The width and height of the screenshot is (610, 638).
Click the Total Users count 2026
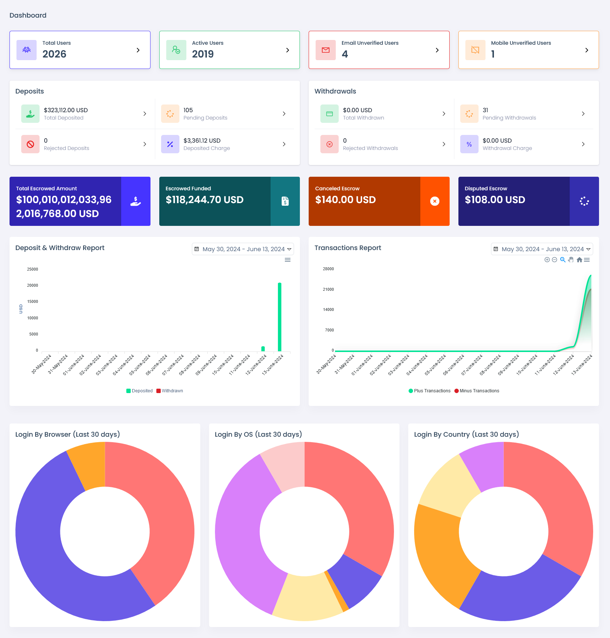54,54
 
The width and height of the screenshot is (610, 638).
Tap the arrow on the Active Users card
287,50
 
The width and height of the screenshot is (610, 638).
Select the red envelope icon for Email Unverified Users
326,50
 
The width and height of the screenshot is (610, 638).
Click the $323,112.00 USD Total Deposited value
66,110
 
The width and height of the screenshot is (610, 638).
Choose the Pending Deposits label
205,118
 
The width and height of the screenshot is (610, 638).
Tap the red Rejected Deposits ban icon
30,144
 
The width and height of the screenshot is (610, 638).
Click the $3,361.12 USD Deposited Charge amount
202,140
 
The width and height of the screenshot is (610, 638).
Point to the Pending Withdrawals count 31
485,110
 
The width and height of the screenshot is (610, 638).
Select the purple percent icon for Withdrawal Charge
469,144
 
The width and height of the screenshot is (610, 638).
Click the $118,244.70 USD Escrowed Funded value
204,200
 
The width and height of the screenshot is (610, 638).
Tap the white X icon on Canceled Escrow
435,201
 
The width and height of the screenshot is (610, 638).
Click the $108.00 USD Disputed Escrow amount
495,200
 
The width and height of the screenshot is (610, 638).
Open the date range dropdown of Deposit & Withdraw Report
243,249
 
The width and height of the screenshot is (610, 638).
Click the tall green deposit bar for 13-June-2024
280,317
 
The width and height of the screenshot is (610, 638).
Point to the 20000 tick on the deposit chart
33,285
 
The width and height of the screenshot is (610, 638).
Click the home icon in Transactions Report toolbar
579,260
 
